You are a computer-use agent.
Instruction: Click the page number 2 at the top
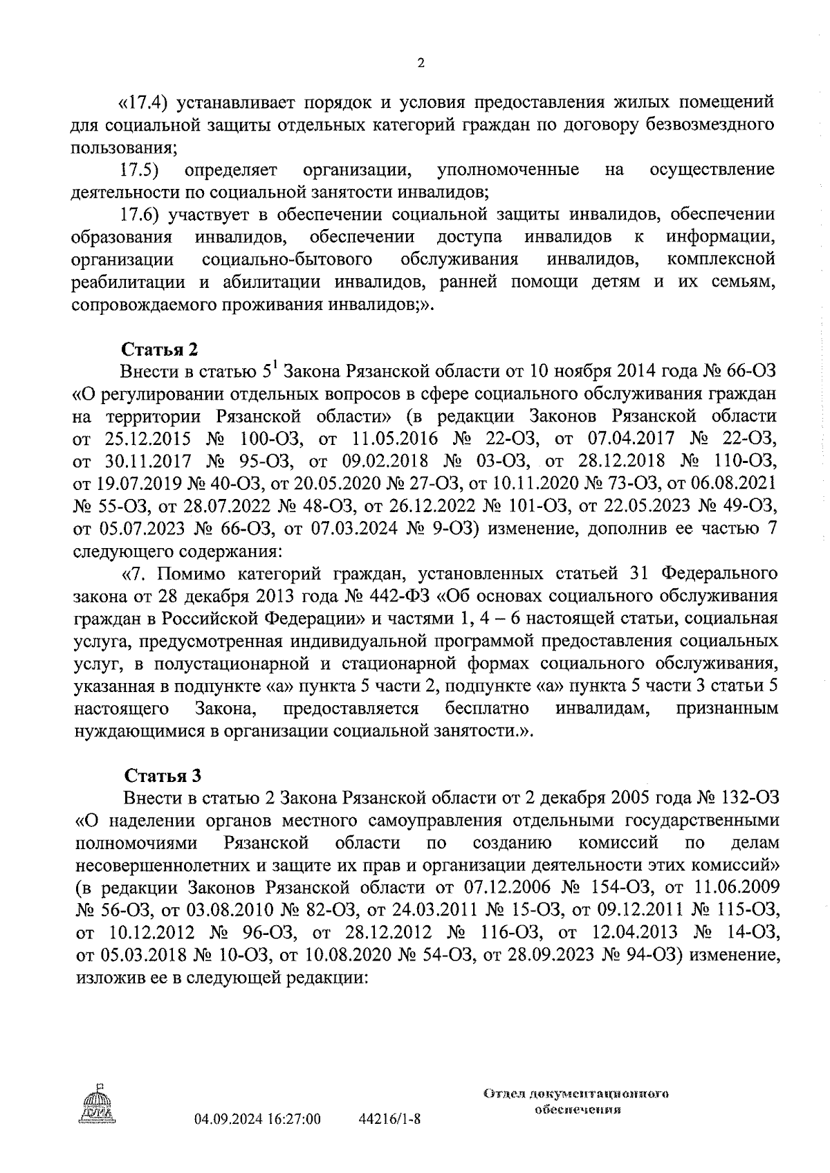point(421,64)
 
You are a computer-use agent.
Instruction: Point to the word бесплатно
point(488,709)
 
